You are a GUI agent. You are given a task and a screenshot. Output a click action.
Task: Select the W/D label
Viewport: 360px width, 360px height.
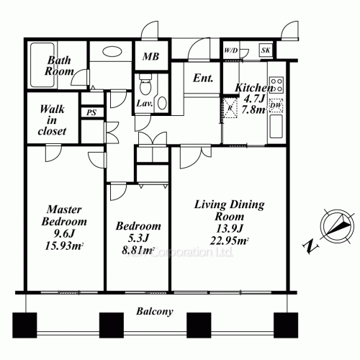(x=231, y=51)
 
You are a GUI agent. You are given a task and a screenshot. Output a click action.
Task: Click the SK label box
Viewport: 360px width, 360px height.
(x=266, y=50)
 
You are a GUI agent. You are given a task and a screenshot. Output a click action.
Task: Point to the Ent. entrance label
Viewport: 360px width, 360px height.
(x=202, y=78)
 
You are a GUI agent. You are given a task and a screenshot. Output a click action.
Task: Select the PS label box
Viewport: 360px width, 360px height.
(x=91, y=112)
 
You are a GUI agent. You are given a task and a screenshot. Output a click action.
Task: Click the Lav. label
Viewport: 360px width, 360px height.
(x=145, y=104)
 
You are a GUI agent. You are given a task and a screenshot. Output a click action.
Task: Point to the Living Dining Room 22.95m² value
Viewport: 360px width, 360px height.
(x=230, y=241)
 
